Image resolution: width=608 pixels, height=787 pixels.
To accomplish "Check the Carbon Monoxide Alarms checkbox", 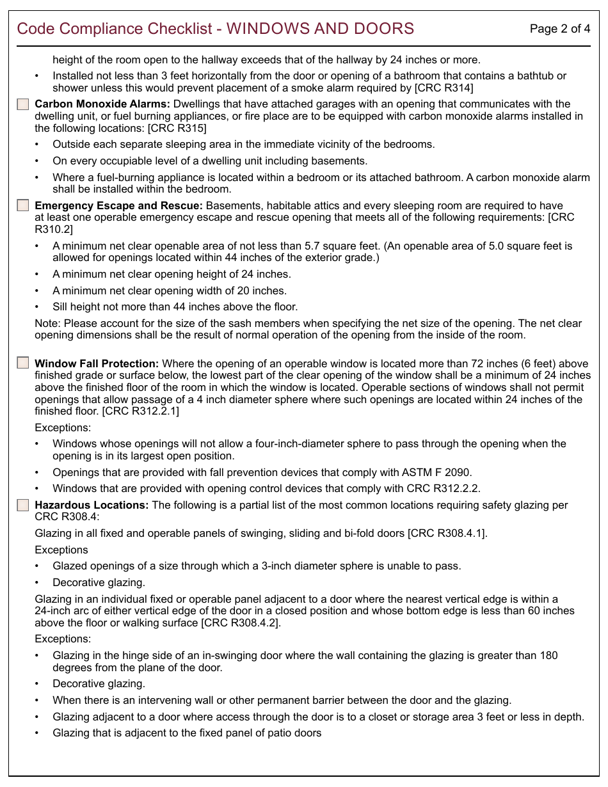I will [23, 104].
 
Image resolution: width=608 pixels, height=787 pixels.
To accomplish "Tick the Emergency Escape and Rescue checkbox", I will [23, 205].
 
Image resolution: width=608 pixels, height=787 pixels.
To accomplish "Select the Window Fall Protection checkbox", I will [23, 363].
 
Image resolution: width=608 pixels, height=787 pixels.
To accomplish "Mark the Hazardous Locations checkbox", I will [23, 505].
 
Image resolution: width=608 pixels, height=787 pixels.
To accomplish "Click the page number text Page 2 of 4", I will [560, 29].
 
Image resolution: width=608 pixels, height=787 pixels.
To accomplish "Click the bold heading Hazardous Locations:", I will [92, 505].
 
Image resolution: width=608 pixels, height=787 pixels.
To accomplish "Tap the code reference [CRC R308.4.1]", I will [447, 533].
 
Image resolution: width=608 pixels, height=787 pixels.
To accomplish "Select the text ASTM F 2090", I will [436, 472].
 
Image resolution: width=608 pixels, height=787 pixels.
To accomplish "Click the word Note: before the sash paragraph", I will [48, 323].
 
